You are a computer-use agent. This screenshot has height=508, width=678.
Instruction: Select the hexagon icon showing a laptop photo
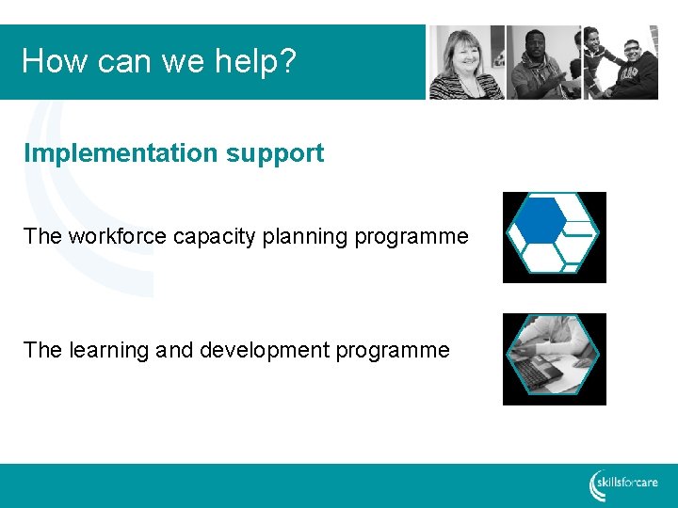(554, 358)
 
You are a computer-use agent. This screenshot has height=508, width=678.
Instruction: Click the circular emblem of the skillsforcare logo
(598, 484)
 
